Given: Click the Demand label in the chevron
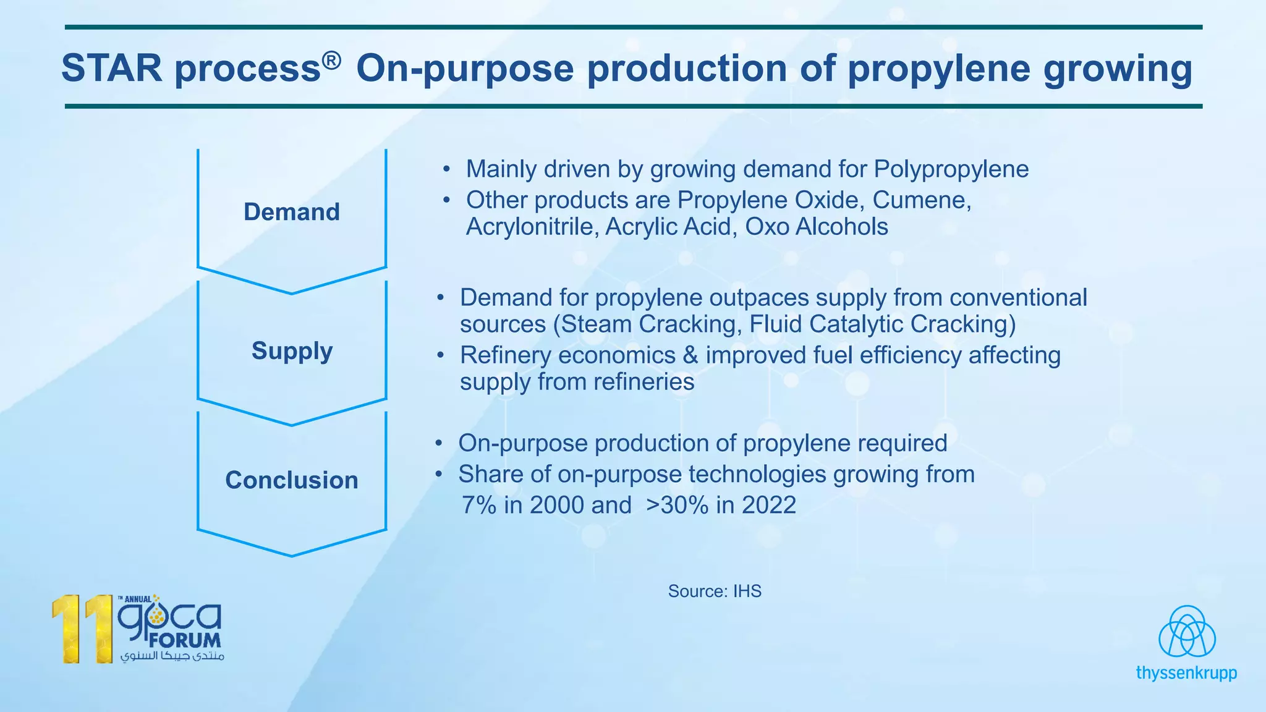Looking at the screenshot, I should pos(292,212).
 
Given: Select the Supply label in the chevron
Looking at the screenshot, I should pos(292,351).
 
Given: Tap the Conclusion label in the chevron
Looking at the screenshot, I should pos(292,480).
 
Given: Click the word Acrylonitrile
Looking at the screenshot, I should pos(532,227).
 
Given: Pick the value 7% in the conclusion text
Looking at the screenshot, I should pos(479,506).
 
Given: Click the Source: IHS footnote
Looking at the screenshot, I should pos(715,591).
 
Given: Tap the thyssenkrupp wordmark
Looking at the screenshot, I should pos(1186,672).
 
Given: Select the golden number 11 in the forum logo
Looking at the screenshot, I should pos(81,629).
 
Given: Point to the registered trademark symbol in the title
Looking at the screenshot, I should pos(331,60).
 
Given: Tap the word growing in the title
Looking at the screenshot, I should pos(1118,69).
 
